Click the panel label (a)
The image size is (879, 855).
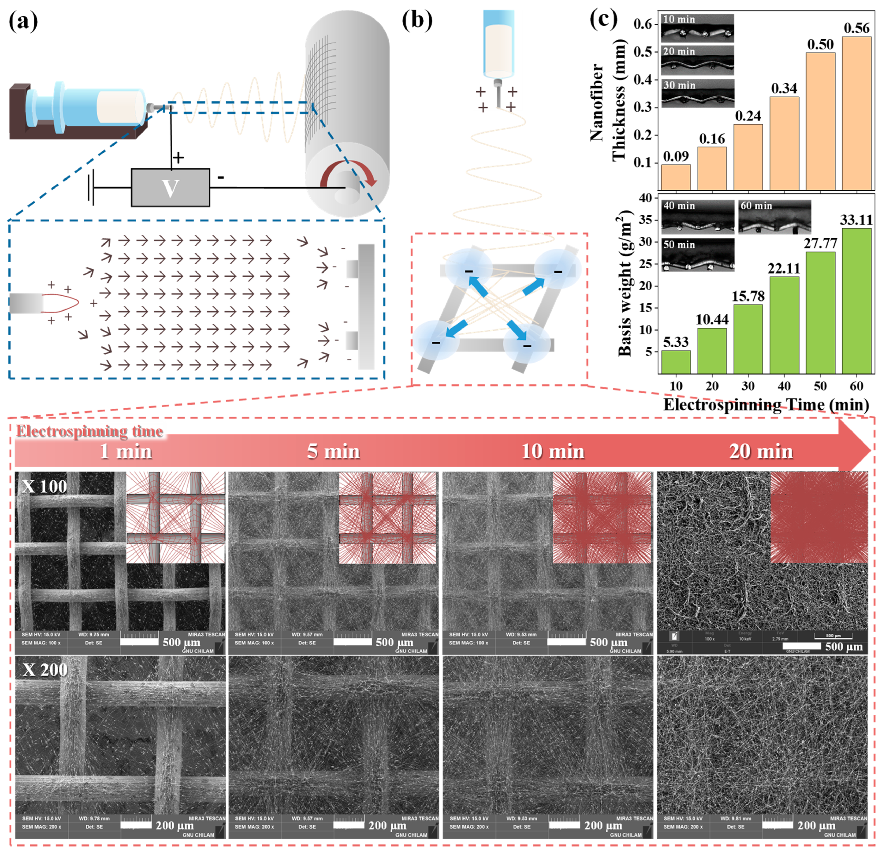click(23, 21)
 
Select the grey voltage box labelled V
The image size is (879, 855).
click(170, 187)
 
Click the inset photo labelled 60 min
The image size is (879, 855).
click(774, 217)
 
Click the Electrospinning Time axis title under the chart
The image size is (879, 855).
click(766, 405)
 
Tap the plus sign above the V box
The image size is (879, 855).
click(178, 158)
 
